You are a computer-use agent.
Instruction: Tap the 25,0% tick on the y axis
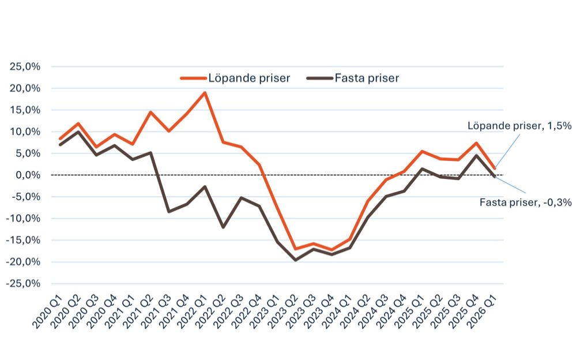click(x=25, y=66)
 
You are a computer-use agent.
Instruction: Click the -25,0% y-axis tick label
click(x=24, y=283)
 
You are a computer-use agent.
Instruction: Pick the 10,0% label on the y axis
click(x=25, y=132)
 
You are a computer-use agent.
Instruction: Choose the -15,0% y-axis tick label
click(x=24, y=240)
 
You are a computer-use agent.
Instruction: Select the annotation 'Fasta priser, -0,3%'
click(x=525, y=202)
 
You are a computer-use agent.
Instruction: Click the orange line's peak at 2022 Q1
click(x=205, y=92)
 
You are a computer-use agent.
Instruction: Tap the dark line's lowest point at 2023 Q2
click(x=295, y=260)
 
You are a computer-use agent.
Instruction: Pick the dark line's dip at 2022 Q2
click(x=223, y=227)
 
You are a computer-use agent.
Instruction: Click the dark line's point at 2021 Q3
click(x=168, y=212)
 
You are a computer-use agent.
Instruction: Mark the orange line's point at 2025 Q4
click(x=476, y=143)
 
